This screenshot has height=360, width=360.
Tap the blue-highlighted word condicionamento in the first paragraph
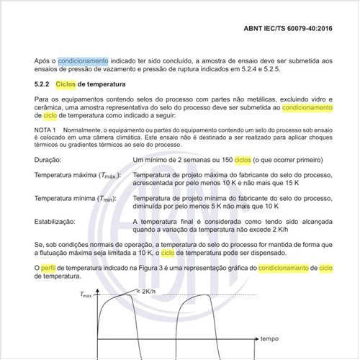tap(83, 62)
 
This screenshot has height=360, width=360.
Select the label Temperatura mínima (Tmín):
tap(76, 199)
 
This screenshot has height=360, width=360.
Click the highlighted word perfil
tap(50, 268)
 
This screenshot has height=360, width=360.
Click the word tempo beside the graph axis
tap(269, 338)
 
